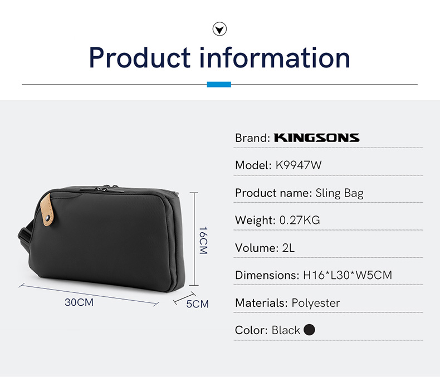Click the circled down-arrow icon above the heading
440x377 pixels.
[219, 29]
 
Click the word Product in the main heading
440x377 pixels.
[140, 57]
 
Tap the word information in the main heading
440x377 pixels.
[275, 57]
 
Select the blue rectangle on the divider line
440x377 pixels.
[219, 85]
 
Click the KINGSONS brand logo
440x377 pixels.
[316, 138]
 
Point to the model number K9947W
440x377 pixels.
[299, 165]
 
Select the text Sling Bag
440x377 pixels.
[339, 193]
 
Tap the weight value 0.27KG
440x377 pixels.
[300, 220]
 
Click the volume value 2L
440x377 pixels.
[289, 248]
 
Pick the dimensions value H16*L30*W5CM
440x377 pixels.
[348, 275]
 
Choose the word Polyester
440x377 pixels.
[316, 303]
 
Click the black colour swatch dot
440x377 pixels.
[310, 330]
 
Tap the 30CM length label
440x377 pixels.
[79, 302]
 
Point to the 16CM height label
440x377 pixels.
[203, 240]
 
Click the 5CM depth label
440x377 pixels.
[198, 304]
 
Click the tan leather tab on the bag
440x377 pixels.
[47, 209]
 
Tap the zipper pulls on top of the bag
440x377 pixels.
[110, 187]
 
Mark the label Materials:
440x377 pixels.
[262, 303]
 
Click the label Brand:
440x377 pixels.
[252, 138]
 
